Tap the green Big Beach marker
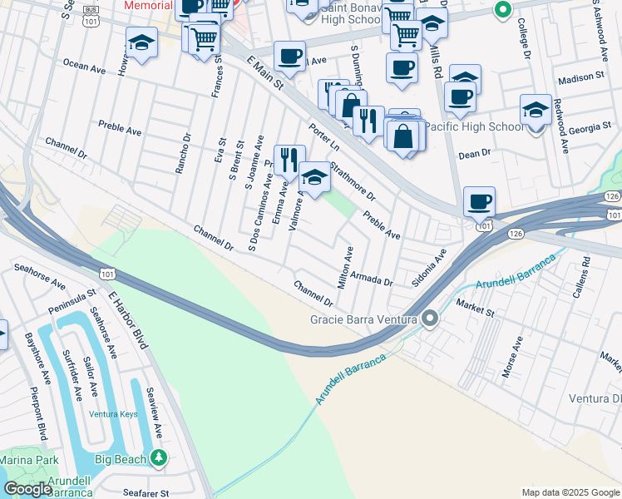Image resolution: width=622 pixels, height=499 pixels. pos(158,457)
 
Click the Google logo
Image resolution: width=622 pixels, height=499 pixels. pos(27,489)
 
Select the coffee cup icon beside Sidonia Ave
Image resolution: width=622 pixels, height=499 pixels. pos(479,202)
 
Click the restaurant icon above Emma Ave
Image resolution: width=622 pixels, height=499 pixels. pos(289,160)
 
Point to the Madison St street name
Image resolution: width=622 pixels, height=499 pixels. pos(580,77)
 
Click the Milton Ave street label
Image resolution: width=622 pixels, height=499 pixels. pos(348,268)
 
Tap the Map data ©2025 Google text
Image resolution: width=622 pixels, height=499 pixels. pos(570,492)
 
